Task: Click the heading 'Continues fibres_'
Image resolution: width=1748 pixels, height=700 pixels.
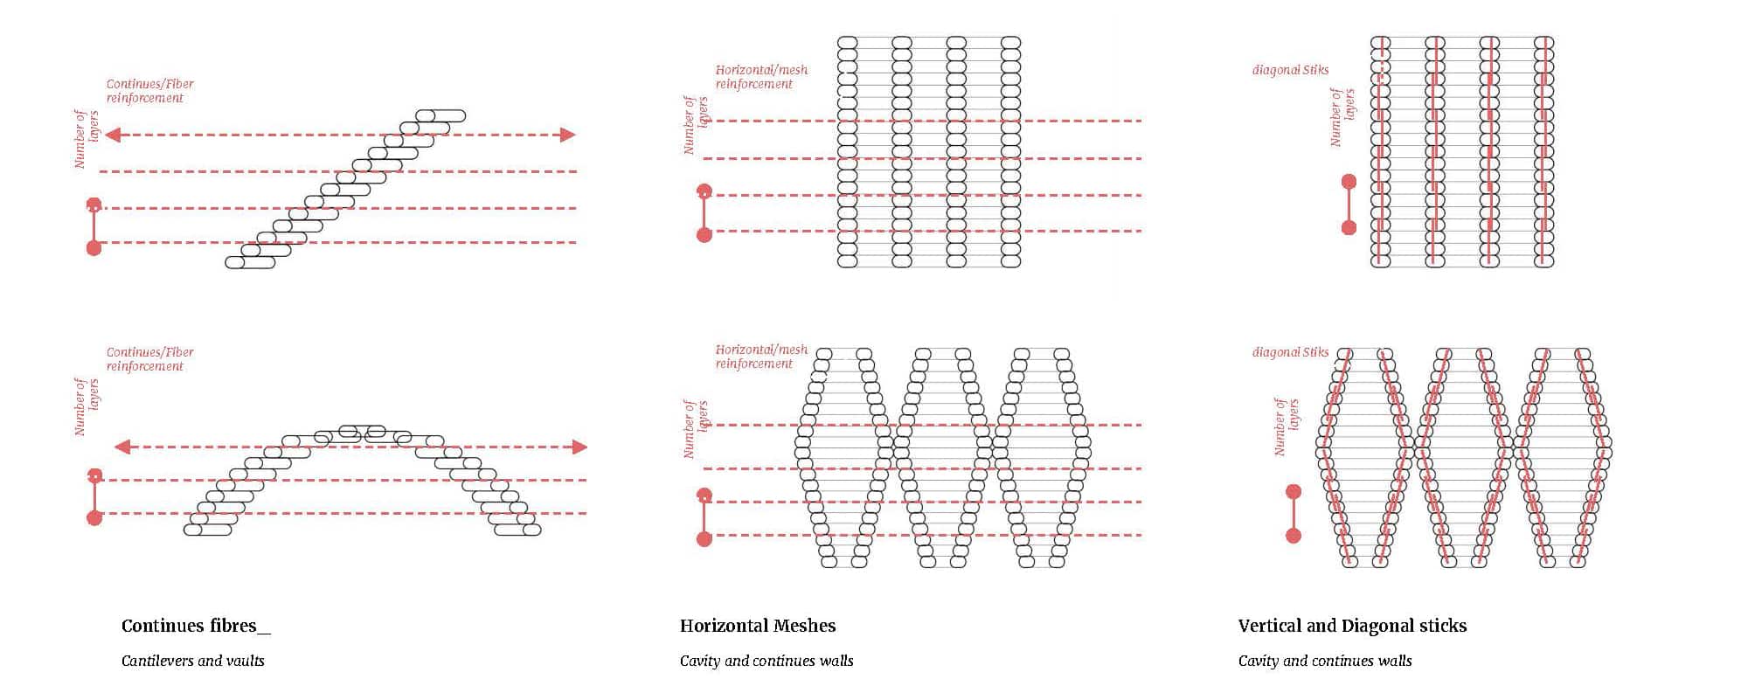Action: tap(196, 626)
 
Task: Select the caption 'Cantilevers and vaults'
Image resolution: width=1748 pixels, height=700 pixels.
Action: tap(192, 661)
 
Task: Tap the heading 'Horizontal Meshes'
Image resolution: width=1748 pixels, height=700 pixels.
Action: tap(757, 626)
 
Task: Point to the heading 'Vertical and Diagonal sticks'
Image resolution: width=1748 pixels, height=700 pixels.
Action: tap(1352, 626)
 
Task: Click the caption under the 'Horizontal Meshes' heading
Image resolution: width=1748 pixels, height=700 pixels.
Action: tap(766, 661)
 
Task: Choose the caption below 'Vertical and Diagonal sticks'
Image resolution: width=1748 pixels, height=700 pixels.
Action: tap(1324, 661)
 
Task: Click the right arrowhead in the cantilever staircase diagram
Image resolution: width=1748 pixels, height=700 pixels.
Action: tap(568, 135)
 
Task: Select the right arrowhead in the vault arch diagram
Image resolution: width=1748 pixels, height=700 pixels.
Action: tap(579, 447)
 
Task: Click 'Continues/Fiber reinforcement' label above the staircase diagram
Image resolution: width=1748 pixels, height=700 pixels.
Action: tap(149, 91)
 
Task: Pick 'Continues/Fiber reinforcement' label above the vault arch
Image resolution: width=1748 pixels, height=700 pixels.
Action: tap(149, 359)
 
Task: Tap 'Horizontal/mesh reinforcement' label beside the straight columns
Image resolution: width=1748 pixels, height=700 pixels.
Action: tap(760, 77)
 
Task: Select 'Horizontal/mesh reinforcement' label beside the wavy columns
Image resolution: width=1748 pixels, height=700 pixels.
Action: tap(760, 357)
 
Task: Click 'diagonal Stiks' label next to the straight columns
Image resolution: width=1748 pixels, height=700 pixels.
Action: tap(1290, 70)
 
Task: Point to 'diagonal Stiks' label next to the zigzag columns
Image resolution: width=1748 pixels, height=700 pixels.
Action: tap(1290, 352)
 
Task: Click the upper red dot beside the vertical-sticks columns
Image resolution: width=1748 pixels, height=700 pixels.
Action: tap(1349, 182)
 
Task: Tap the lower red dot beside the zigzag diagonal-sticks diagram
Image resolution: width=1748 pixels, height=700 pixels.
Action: tap(1294, 535)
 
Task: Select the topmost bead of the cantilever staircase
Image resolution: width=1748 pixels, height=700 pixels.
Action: tap(440, 115)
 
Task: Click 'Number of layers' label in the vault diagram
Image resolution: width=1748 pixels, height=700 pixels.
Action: tap(87, 406)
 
